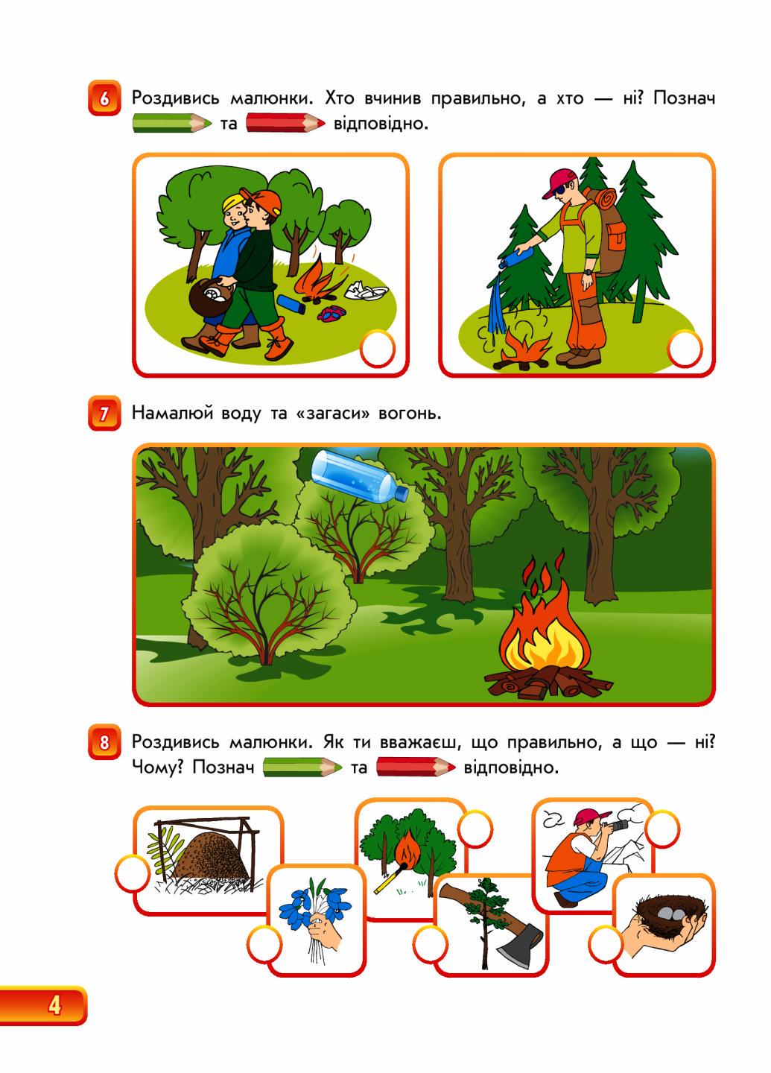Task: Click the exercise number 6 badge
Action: coord(104,98)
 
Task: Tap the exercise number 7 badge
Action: coord(104,413)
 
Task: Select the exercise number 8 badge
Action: coord(104,742)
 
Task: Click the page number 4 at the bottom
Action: coord(54,1004)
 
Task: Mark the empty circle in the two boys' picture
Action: coord(378,348)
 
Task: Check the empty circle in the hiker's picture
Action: coord(685,348)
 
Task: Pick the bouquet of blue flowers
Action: coord(315,901)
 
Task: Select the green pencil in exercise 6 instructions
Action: coord(172,123)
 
